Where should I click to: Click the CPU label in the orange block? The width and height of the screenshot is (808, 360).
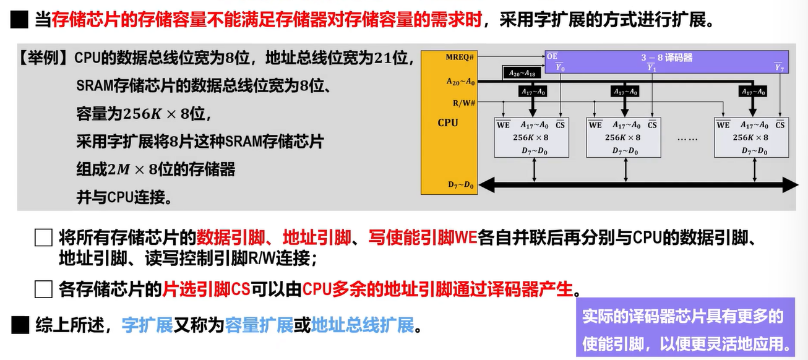[x=448, y=122]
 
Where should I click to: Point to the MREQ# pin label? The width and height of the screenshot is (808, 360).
[x=460, y=58]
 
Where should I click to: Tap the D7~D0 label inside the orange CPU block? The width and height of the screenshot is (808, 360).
[x=461, y=184]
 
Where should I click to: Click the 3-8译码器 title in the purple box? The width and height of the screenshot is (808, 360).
[x=666, y=58]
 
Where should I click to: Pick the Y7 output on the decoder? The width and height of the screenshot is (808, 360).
[x=778, y=67]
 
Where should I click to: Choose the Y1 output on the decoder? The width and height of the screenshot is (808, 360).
[x=651, y=67]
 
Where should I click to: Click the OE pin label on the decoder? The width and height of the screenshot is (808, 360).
[x=552, y=57]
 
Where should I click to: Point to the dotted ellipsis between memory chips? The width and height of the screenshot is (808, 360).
[x=687, y=139]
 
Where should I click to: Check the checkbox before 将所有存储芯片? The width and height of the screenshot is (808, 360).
[x=43, y=239]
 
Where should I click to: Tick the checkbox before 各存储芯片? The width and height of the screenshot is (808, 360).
[x=43, y=289]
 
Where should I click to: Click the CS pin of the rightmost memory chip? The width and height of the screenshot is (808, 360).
[x=780, y=125]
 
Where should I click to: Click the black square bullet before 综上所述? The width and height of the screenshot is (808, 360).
[x=21, y=325]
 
